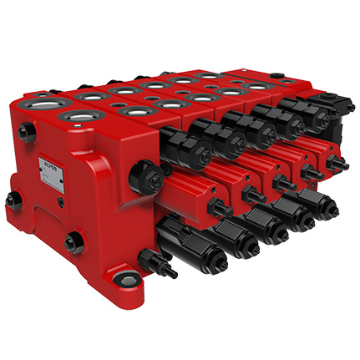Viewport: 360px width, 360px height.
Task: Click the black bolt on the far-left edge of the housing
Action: (x=11, y=200)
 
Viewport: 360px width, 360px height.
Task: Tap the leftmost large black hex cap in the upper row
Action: (x=185, y=150)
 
